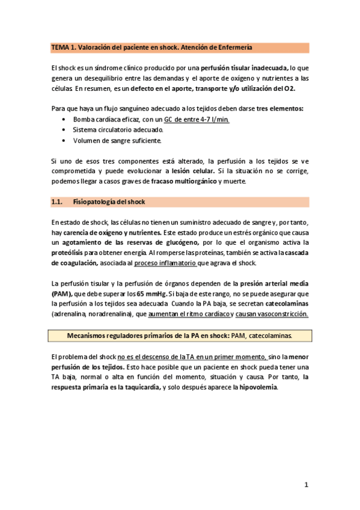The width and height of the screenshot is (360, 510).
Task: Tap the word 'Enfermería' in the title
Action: click(x=234, y=46)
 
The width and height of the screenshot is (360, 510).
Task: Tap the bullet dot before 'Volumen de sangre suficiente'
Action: click(x=65, y=140)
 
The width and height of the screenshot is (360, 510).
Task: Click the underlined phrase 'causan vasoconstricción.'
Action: click(x=272, y=314)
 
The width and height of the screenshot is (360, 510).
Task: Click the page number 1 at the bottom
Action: click(x=307, y=484)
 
